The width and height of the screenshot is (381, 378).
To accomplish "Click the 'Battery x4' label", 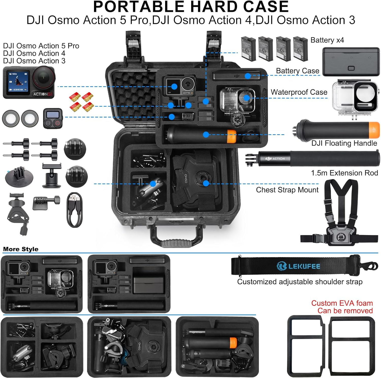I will point(327,40).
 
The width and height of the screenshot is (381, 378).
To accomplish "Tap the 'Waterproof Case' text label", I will point(299,92).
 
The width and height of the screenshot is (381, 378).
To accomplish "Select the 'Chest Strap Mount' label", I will point(287,190).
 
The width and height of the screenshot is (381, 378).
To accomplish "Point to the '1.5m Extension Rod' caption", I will point(344,173).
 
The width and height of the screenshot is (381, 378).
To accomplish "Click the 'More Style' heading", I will point(21,249).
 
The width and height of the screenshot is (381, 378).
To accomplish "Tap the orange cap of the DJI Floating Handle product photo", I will point(374,130).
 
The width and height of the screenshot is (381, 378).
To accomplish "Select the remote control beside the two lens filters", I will point(53,118).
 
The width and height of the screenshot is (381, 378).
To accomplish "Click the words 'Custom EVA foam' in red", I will point(342,303).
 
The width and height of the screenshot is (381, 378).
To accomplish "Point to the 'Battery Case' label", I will point(297,71).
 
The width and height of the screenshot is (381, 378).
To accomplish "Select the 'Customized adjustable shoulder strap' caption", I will point(300,282).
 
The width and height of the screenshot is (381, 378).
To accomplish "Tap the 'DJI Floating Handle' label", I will point(344,143).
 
